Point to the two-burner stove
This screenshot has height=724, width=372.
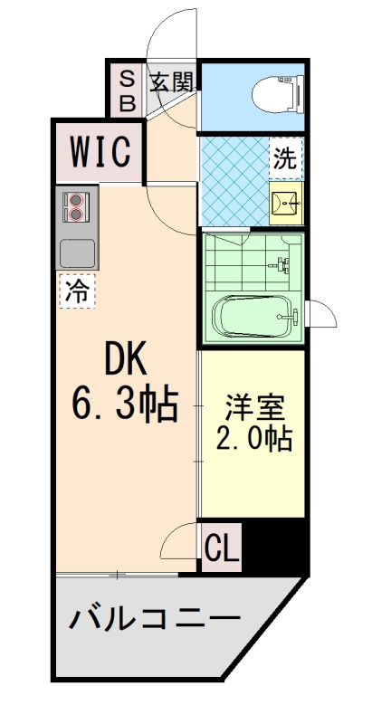[x=74, y=206]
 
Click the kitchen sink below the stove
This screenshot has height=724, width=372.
[x=77, y=251]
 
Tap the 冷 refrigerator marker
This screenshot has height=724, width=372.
[x=79, y=291]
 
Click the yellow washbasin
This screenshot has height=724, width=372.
[x=287, y=205]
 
